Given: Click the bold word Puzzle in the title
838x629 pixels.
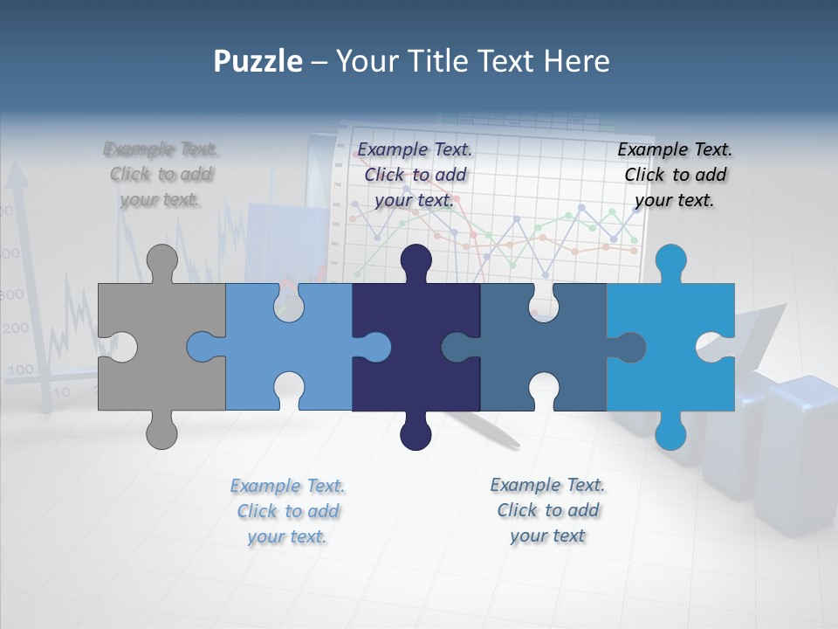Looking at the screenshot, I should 258,61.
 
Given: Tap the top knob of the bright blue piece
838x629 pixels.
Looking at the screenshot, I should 670,260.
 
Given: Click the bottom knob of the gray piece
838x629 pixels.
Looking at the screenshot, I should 161,432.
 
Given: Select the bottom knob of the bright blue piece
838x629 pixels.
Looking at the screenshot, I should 670,432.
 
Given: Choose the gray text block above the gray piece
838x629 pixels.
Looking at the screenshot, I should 161,174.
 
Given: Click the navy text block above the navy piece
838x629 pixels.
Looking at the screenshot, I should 416,175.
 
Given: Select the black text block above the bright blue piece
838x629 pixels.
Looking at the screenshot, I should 675,175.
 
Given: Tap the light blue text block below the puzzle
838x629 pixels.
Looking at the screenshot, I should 287,511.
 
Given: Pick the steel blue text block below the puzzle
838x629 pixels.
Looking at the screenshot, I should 547,510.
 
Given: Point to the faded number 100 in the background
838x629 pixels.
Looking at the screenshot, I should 19,370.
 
